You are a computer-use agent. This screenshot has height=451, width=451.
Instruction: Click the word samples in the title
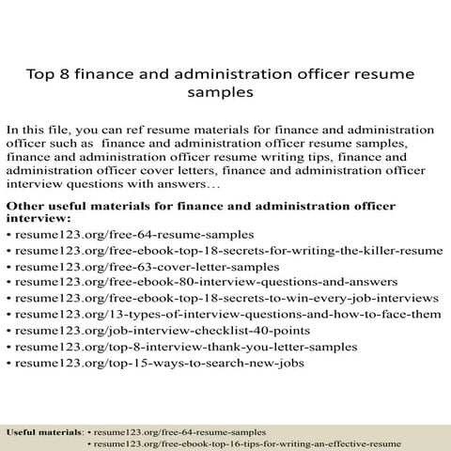click(x=223, y=94)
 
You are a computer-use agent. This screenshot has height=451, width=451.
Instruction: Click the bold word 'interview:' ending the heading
click(x=38, y=218)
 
